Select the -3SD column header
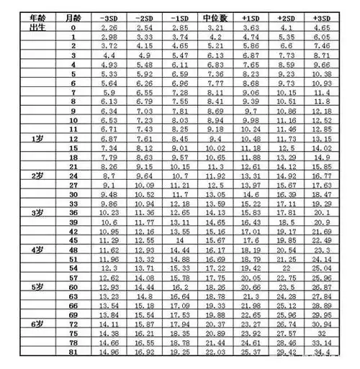111,16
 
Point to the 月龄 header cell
73,16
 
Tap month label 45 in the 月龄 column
73,240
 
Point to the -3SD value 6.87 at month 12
111,137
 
